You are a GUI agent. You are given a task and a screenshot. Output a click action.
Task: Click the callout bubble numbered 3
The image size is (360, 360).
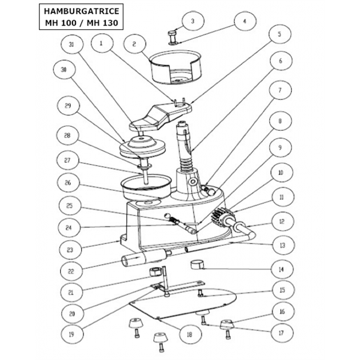[193, 21]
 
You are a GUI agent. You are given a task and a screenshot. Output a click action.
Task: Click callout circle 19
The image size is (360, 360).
[71, 333]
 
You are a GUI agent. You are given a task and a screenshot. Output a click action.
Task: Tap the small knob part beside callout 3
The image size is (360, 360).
[172, 35]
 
